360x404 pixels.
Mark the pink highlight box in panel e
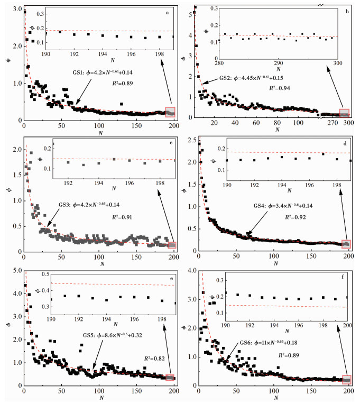tap(170, 377)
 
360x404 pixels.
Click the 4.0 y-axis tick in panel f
tap(188, 270)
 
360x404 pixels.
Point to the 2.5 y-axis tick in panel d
tap(188, 140)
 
